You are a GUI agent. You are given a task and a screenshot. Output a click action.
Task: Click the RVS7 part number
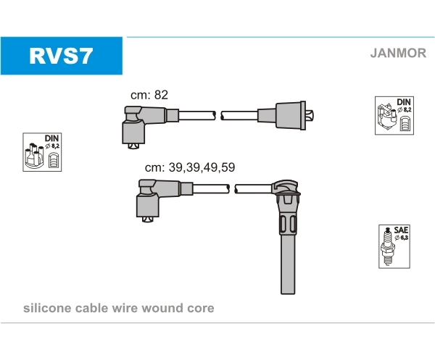click(x=61, y=56)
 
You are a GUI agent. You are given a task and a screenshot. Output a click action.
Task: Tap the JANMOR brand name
click(x=398, y=53)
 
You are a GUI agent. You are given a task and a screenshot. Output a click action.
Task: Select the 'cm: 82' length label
click(x=149, y=95)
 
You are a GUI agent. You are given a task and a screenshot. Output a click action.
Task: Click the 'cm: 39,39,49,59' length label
click(x=190, y=167)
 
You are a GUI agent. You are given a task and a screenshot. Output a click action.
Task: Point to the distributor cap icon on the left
click(x=34, y=156)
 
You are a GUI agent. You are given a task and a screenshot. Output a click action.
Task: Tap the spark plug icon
click(x=387, y=246)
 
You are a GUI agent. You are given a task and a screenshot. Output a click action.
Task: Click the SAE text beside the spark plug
click(x=401, y=230)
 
